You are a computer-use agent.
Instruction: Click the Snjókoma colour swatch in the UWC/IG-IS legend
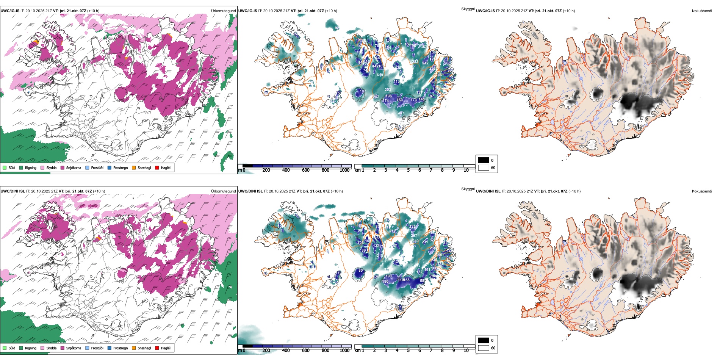pyautogui.click(x=63, y=167)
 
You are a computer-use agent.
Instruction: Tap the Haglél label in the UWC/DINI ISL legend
pyautogui.click(x=166, y=348)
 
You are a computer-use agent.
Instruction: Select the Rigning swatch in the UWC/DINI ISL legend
pyautogui.click(x=21, y=348)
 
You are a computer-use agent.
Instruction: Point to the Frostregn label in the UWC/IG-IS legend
pyautogui.click(x=121, y=167)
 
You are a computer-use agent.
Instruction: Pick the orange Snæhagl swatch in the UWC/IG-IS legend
pyautogui.click(x=134, y=167)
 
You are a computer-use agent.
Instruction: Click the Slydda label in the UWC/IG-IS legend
pyautogui.click(x=52, y=167)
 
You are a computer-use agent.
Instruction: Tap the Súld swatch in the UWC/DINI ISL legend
pyautogui.click(x=5, y=348)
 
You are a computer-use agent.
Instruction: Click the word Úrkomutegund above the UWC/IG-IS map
pyautogui.click(x=223, y=11)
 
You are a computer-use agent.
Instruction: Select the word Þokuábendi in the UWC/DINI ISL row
pyautogui.click(x=702, y=191)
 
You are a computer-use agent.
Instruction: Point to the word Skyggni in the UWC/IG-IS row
pyautogui.click(x=468, y=9)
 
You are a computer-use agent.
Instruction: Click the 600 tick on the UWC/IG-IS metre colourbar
pyautogui.click(x=306, y=170)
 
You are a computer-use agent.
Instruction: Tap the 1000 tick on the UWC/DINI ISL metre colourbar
pyautogui.click(x=344, y=351)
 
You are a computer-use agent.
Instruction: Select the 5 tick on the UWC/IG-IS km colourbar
pyautogui.click(x=408, y=170)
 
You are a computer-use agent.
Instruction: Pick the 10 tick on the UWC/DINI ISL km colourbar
pyautogui.click(x=466, y=351)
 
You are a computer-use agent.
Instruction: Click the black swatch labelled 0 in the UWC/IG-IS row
pyautogui.click(x=484, y=160)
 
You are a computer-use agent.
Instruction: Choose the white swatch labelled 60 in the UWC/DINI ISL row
pyautogui.click(x=484, y=348)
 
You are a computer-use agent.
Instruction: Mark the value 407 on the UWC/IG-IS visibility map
pyautogui.click(x=401, y=113)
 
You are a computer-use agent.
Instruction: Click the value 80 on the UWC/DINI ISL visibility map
pyautogui.click(x=360, y=271)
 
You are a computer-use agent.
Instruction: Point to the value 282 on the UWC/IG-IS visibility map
pyautogui.click(x=415, y=61)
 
